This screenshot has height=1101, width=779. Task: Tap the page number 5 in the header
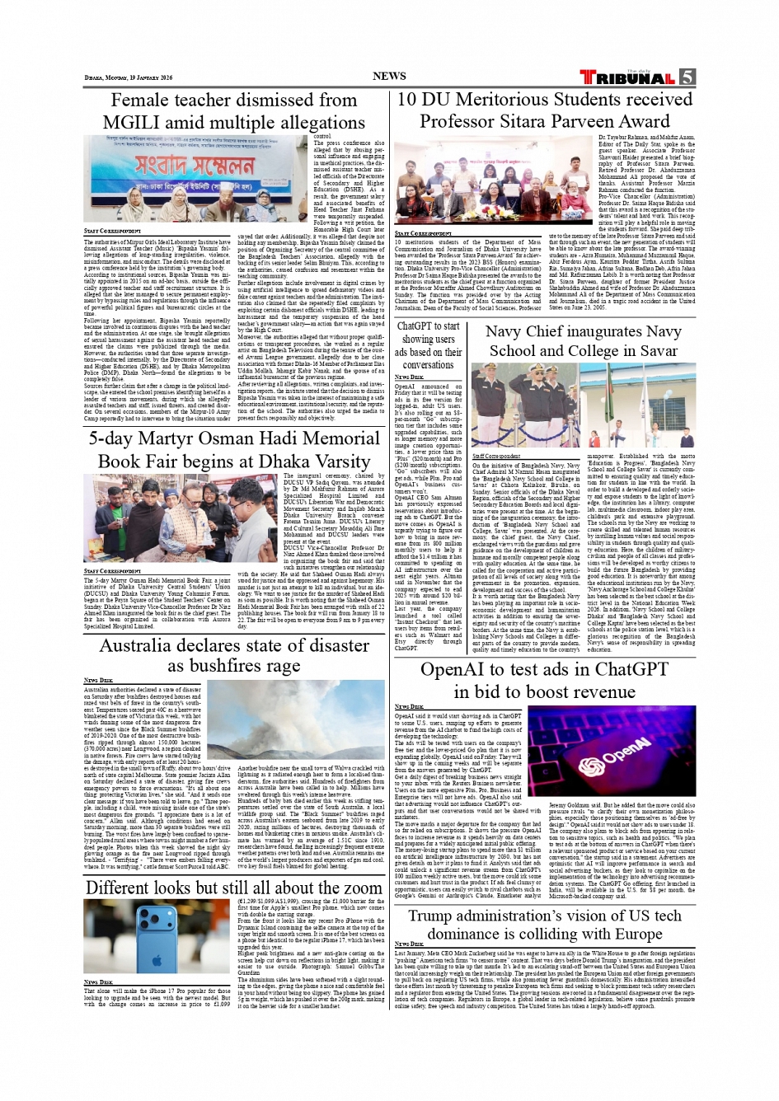click(687, 77)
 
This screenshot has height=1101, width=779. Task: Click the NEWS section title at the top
click(389, 76)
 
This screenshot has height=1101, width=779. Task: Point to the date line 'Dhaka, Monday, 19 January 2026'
click(129, 78)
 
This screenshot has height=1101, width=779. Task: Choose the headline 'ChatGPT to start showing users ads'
click(428, 345)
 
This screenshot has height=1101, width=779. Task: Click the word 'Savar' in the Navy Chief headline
click(658, 350)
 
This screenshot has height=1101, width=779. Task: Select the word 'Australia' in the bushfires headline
click(147, 645)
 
